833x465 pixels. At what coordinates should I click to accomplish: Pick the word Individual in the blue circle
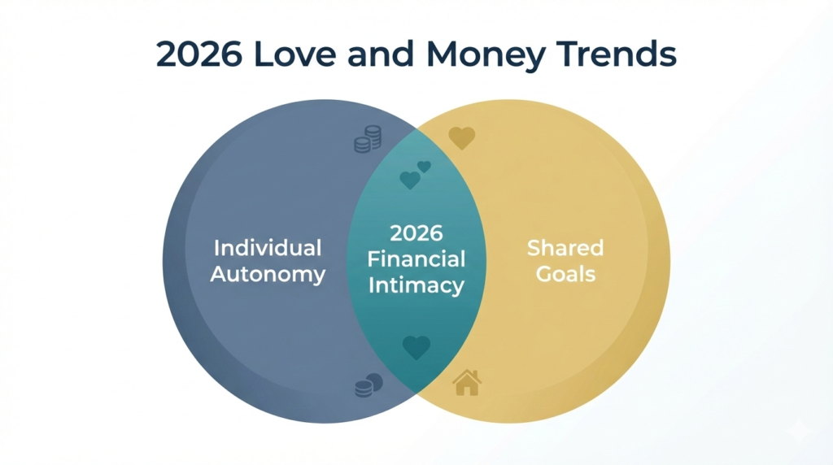coord(268,248)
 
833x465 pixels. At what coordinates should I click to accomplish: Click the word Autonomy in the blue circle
coord(268,274)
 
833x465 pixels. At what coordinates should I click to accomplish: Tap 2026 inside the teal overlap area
coord(416,233)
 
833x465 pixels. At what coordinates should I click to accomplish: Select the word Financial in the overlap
coord(416,259)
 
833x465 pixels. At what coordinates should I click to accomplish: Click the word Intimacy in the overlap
coord(416,285)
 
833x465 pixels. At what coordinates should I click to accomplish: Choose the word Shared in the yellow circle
coord(565,248)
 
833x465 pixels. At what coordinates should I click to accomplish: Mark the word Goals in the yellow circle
coord(565,274)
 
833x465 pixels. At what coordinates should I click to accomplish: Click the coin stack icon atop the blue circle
coord(368,140)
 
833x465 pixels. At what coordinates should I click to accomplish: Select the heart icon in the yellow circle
coord(461,137)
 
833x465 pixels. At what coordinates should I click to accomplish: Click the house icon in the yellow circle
coord(467,382)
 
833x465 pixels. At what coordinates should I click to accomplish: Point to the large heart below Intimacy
coord(416,347)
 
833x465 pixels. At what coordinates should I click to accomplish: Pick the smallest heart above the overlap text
coord(424,167)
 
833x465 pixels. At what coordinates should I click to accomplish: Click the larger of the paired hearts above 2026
coord(410,180)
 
